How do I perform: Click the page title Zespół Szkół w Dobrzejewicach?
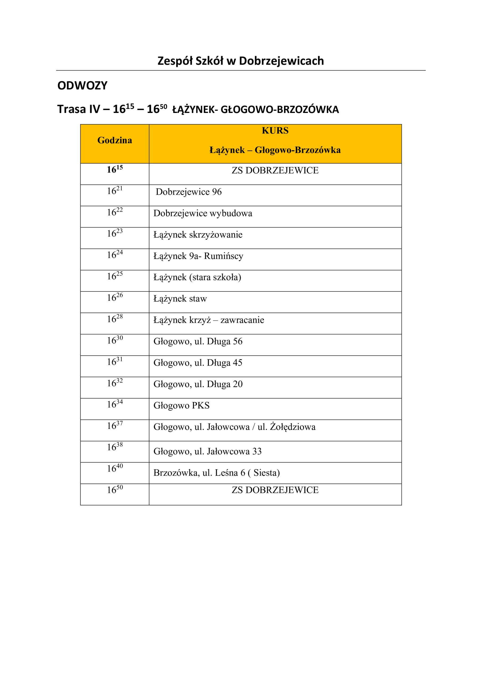(241, 61)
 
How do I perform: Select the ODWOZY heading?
(82, 86)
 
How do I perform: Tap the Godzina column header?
(114, 140)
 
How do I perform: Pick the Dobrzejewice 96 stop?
(188, 192)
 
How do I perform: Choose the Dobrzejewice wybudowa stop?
(203, 213)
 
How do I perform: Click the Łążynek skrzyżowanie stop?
(198, 235)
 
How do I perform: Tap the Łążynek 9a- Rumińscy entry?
(198, 256)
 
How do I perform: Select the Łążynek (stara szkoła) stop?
(197, 277)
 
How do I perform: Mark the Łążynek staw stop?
(180, 299)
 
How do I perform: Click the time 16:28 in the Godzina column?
(114, 319)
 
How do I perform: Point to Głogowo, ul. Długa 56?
(198, 342)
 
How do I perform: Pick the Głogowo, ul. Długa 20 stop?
(198, 384)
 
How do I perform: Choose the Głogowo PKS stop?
(181, 406)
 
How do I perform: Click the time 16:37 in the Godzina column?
(114, 426)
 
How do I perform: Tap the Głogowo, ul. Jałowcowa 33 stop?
(207, 452)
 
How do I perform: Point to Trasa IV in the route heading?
(79, 109)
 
